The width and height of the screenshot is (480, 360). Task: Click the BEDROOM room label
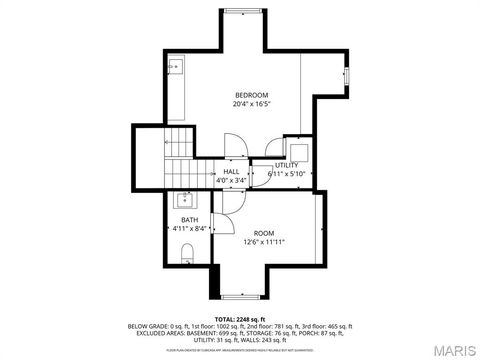coord(252,94)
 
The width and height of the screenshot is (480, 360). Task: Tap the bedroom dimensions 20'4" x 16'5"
coord(252,103)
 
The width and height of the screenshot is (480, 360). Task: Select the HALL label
coord(231,172)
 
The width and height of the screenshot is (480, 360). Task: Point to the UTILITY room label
coord(287,165)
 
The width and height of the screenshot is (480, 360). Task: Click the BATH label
coord(189,220)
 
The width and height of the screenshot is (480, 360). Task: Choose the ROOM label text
coord(265,232)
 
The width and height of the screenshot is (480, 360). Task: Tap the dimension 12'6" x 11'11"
coord(265,241)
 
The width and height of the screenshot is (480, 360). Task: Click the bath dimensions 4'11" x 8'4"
coord(189,229)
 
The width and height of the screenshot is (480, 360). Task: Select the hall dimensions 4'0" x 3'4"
coord(231,181)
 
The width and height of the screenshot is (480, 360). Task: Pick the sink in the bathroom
coord(188,198)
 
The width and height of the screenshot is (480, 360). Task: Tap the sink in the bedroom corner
coord(175,67)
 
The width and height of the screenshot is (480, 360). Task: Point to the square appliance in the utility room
coord(299,149)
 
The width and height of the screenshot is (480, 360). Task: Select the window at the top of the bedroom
coord(241,13)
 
